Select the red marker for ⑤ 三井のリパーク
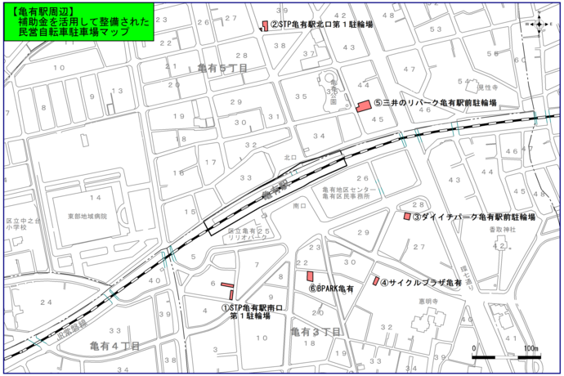click(364, 105)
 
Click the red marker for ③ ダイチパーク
click(407, 217)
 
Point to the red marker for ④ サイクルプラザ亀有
click(376, 281)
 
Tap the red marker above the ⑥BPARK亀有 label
click(310, 276)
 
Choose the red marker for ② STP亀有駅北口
click(264, 25)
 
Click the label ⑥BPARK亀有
click(330, 289)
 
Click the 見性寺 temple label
click(488, 86)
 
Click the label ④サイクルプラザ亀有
click(421, 281)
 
